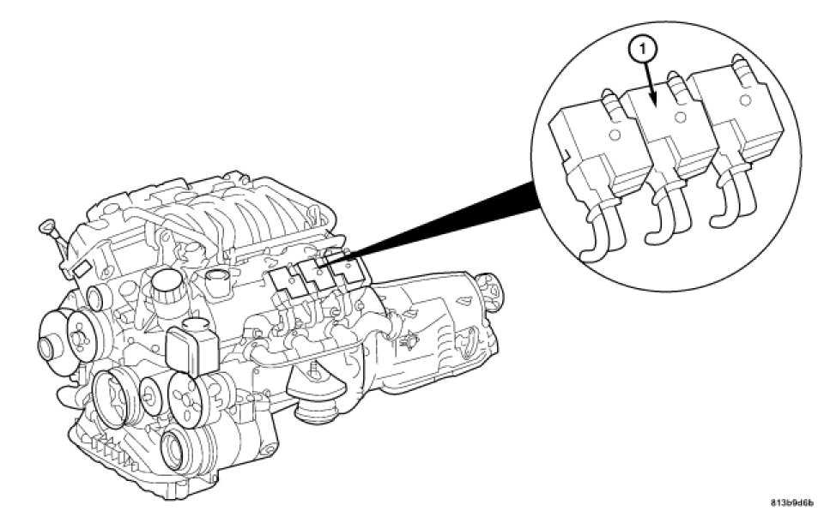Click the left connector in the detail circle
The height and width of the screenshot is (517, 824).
pyautogui.click(x=592, y=159)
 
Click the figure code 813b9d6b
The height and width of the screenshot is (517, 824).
pyautogui.click(x=791, y=502)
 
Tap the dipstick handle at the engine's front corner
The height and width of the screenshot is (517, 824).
pyautogui.click(x=46, y=226)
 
